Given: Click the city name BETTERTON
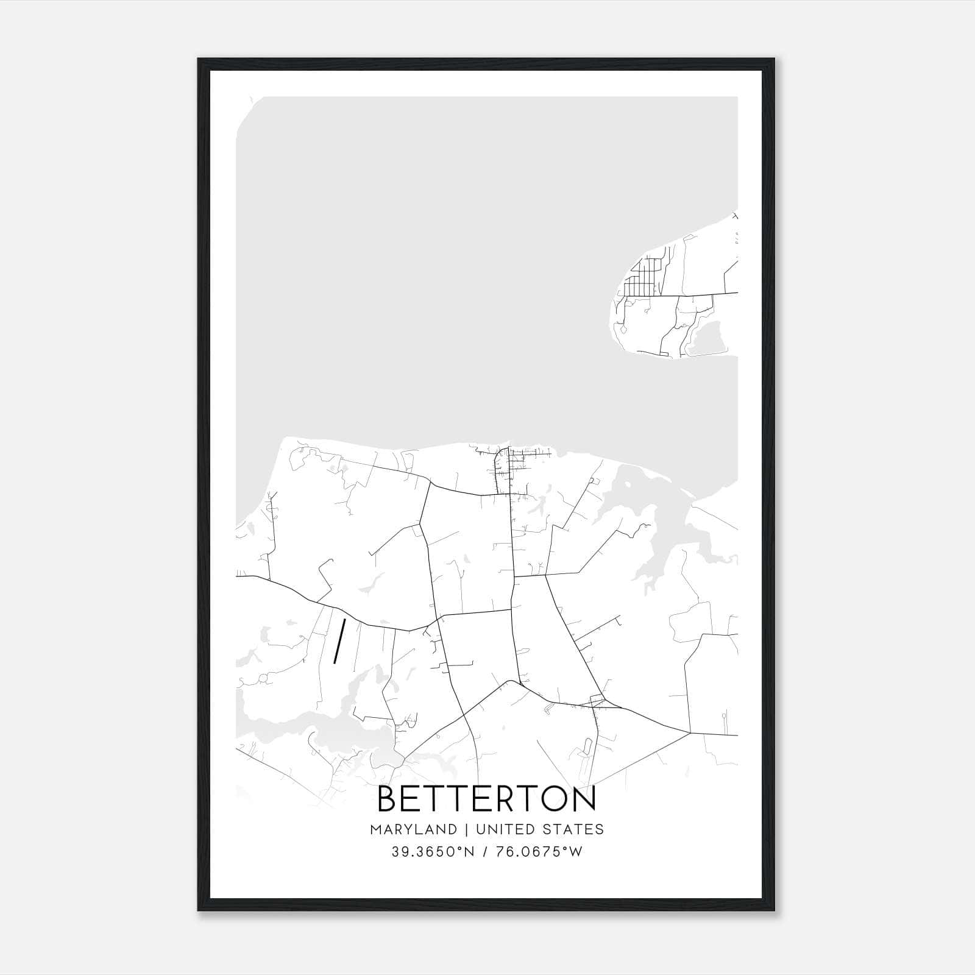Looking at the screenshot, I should [486, 799].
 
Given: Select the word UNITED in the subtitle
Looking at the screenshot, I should [498, 829].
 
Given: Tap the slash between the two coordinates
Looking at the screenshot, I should [486, 852].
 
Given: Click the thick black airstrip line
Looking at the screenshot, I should [339, 640].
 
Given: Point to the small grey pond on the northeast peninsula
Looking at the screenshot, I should [707, 338].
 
